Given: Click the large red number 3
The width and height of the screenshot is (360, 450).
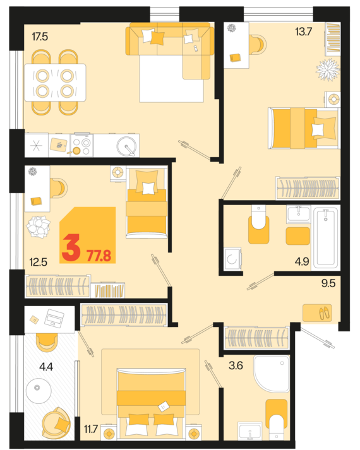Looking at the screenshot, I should coord(70,249).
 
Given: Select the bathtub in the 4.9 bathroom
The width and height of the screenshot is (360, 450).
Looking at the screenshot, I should coord(325,237).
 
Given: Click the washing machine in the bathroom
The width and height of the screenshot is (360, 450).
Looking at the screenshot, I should coord(232,259).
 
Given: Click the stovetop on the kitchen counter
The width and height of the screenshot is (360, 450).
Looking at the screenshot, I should coord(81,146).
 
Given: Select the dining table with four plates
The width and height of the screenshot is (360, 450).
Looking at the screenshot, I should coord(55,82).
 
